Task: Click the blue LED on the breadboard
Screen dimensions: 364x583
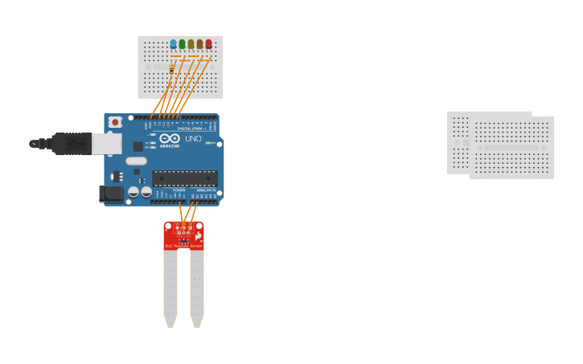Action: coord(173,44)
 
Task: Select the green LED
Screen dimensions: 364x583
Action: coord(182,44)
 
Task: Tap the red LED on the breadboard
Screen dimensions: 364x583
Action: coord(208,44)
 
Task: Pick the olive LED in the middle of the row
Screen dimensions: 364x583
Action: coord(191,44)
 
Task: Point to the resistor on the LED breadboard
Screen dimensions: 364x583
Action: coord(171,69)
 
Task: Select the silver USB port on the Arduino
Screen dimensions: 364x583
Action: coord(106,144)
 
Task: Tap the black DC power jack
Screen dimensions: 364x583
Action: coord(111,194)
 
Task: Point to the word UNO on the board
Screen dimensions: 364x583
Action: coord(193,139)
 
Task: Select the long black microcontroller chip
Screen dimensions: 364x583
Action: coord(184,178)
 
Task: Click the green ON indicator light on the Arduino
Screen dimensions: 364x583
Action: coord(209,143)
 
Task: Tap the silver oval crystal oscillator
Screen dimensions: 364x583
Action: coord(136,161)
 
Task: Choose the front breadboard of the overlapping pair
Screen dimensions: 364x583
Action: coord(512,148)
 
